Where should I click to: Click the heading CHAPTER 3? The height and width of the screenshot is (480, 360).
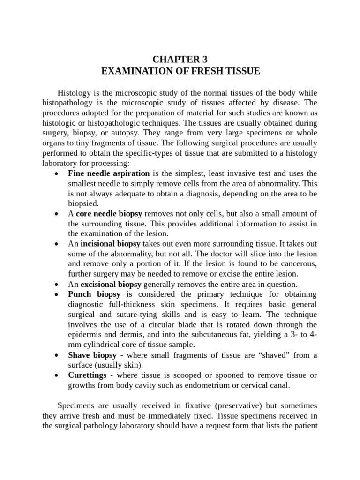pyautogui.click(x=180, y=60)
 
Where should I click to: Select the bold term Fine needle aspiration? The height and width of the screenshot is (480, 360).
pyautogui.click(x=109, y=173)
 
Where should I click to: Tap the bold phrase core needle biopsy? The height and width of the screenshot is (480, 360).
pyautogui.click(x=109, y=214)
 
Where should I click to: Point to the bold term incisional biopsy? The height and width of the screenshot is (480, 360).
pyautogui.click(x=111, y=244)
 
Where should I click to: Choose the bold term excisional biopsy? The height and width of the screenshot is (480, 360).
pyautogui.click(x=111, y=285)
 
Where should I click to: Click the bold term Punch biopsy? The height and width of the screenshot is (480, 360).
pyautogui.click(x=94, y=294)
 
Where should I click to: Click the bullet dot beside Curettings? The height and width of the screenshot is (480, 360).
pyautogui.click(x=57, y=376)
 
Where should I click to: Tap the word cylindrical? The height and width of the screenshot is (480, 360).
pyautogui.click(x=104, y=345)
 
